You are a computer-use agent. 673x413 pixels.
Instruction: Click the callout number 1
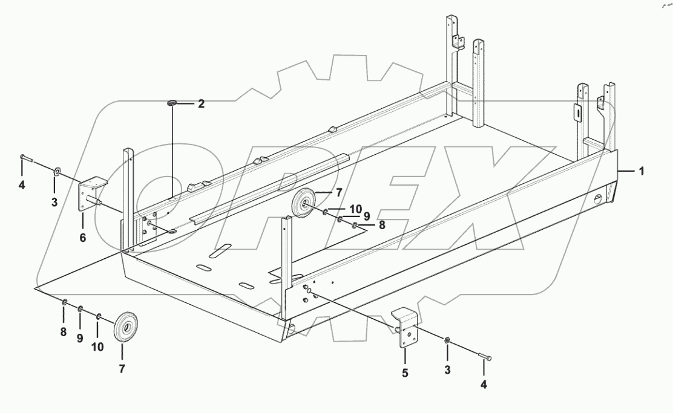pos(641,172)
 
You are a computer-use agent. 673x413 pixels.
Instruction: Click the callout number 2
pos(200,104)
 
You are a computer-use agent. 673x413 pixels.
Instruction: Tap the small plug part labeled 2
pos(172,105)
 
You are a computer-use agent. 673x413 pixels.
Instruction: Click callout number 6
pos(82,238)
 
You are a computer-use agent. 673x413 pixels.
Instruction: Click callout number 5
pos(405,374)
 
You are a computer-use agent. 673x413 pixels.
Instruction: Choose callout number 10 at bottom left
pos(97,346)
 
